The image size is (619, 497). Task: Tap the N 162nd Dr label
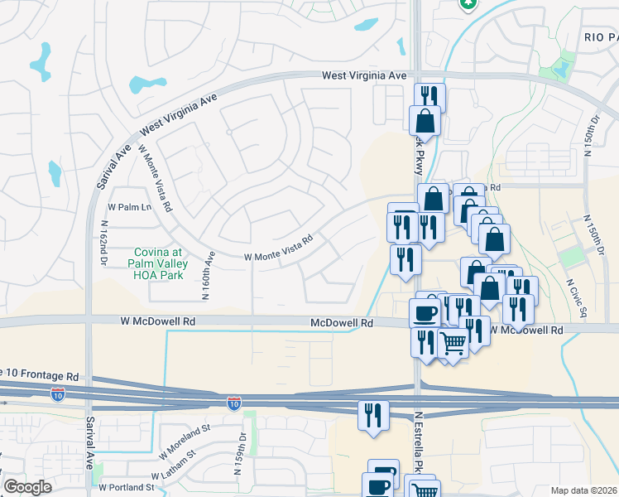103,243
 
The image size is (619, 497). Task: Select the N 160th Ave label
208,276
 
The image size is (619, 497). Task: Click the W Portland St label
129,488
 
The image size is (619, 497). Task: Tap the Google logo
27,487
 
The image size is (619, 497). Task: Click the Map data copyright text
584,490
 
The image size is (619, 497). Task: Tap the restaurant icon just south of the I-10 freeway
372,413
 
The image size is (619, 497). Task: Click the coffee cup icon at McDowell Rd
425,312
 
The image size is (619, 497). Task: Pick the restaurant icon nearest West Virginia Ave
429,96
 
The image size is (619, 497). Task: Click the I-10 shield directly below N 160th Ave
234,403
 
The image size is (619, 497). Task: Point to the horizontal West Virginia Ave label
364,75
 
